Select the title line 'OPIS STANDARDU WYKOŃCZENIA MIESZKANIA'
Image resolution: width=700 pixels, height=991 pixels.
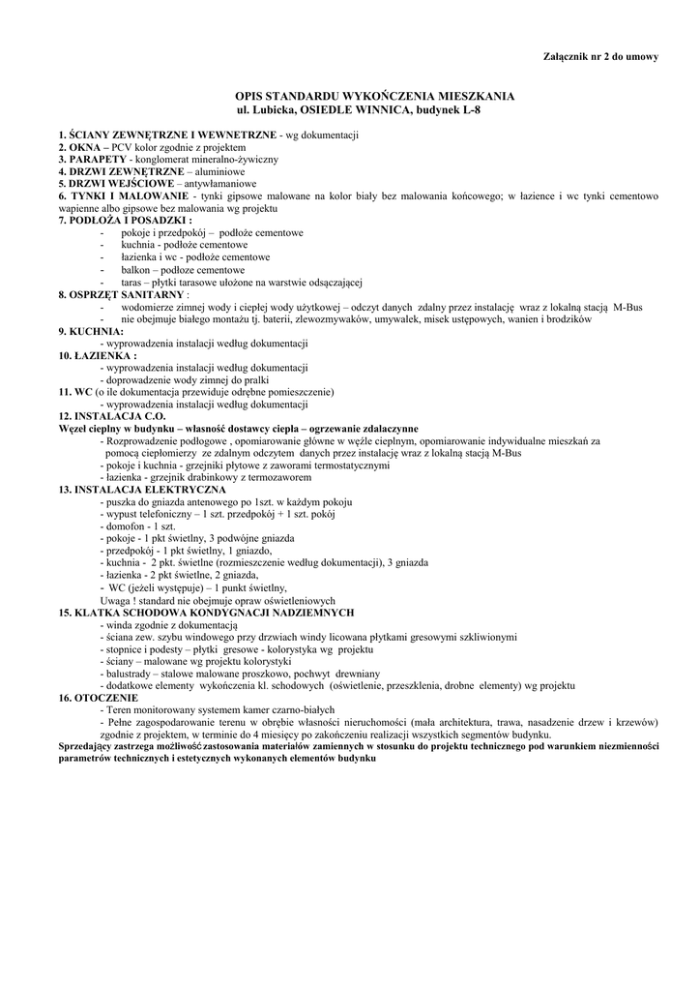[375, 96]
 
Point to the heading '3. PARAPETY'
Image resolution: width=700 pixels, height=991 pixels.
[92, 158]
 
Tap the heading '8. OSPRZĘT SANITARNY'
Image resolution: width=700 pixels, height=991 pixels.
[120, 293]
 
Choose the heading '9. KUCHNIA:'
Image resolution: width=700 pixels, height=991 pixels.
[90, 331]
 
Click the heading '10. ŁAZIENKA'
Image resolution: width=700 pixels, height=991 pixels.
[95, 355]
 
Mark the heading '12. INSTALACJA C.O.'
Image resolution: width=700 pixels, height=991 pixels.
[112, 416]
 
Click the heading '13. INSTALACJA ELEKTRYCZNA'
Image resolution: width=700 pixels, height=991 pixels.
[142, 490]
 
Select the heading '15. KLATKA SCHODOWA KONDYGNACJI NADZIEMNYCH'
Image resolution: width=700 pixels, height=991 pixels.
[206, 613]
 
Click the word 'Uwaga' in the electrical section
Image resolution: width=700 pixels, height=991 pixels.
[116, 600]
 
